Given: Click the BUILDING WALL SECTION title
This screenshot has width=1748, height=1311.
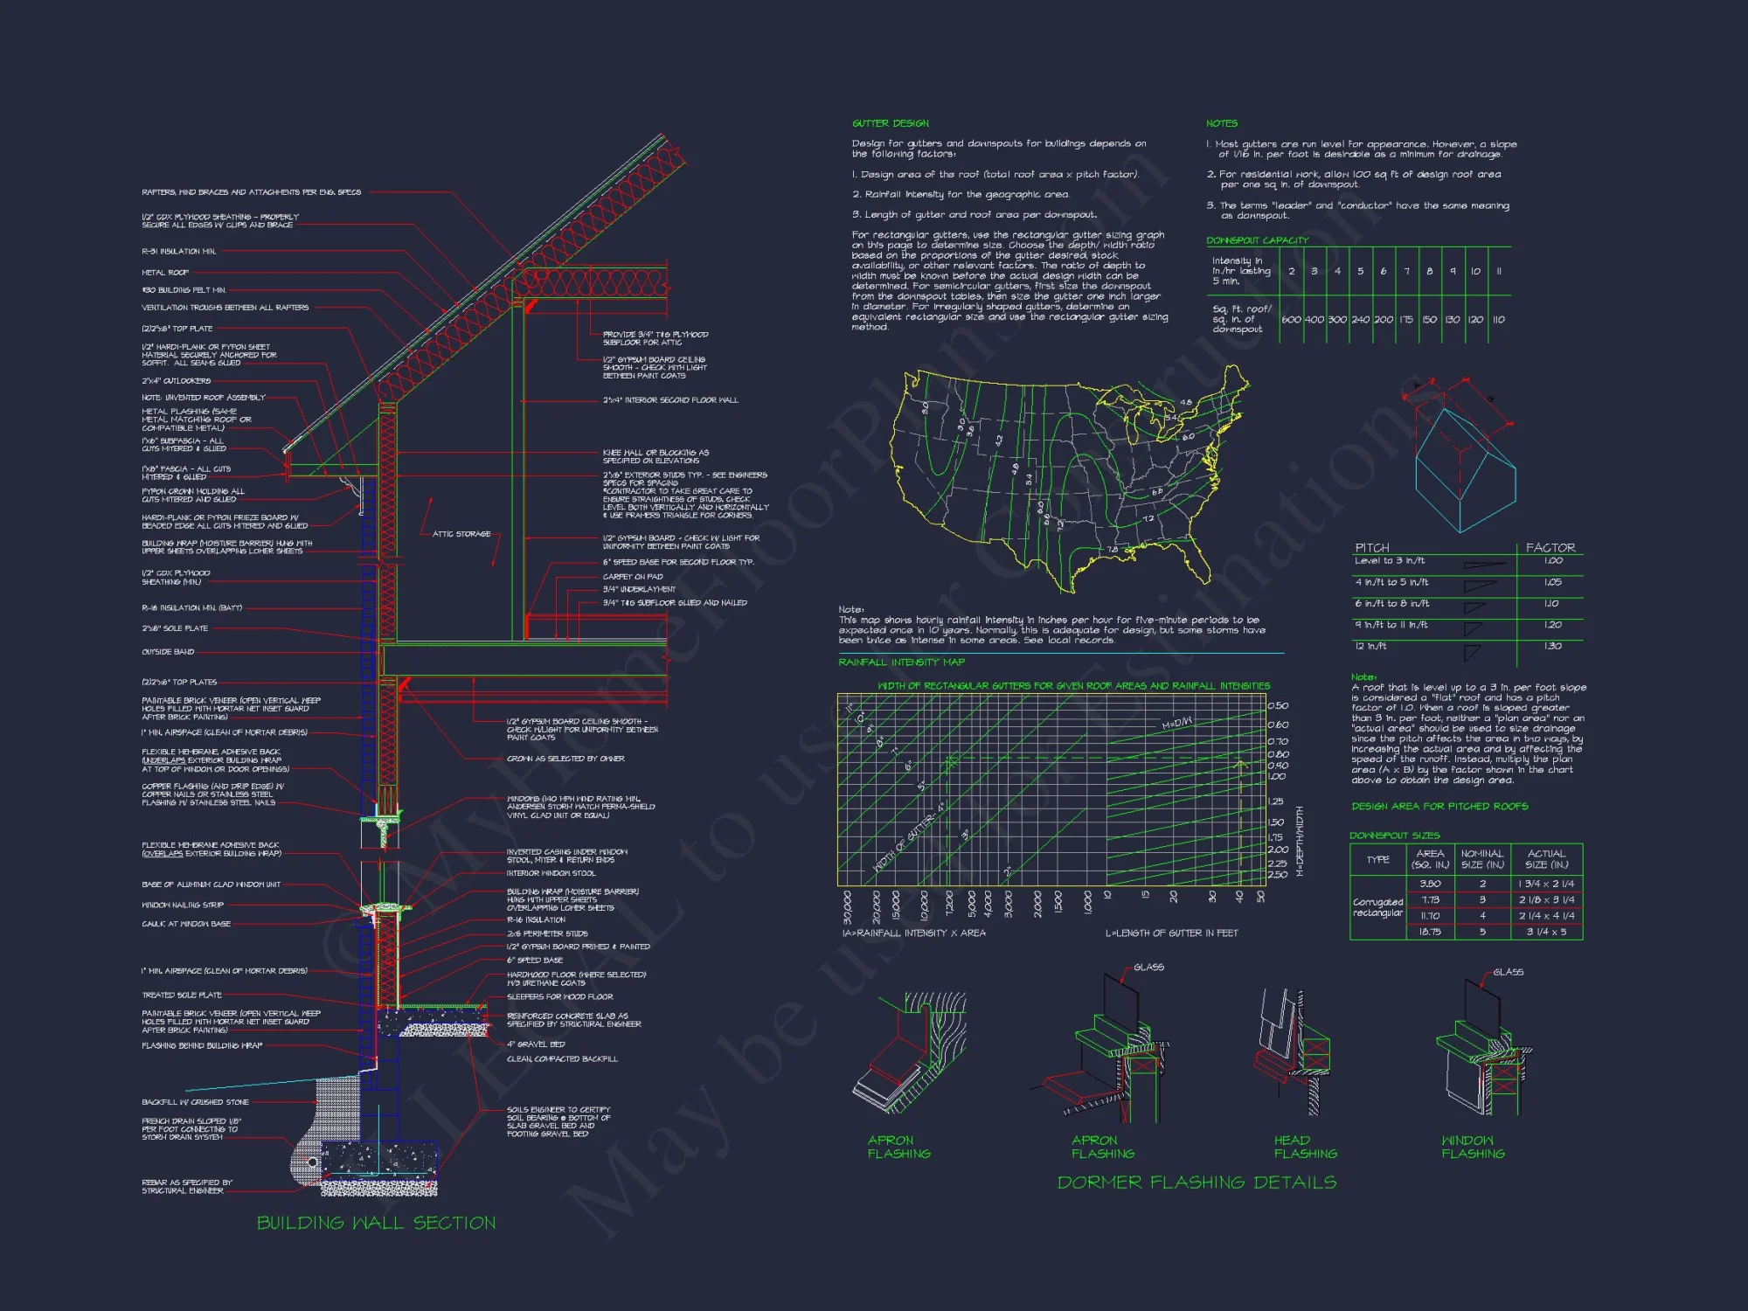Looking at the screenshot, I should (x=376, y=1223).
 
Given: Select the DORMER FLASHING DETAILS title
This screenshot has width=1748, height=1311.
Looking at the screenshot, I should (x=1197, y=1183).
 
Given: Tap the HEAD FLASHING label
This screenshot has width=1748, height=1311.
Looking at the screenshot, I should (x=1305, y=1147).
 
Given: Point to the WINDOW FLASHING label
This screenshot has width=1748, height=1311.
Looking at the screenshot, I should (x=1473, y=1147).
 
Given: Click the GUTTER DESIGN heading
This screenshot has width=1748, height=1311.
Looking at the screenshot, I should (x=891, y=123).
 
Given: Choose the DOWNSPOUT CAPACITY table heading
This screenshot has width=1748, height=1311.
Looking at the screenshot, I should (x=1257, y=240).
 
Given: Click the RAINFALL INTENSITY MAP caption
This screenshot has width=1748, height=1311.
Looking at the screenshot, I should (x=901, y=662).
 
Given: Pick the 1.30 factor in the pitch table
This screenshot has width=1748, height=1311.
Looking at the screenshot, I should (x=1552, y=646).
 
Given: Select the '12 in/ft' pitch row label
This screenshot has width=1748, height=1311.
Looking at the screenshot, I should (x=1370, y=646).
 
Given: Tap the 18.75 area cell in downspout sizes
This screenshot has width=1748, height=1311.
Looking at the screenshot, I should (x=1430, y=932).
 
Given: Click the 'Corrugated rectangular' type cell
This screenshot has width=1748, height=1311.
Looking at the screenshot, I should (x=1377, y=907).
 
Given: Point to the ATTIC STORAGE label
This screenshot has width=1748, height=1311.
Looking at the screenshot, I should (x=461, y=534).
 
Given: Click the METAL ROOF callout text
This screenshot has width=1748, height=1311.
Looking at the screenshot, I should (x=165, y=273).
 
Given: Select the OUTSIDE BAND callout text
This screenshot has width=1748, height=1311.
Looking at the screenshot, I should (x=168, y=652).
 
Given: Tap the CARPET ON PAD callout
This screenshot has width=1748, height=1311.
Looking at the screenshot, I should (x=633, y=577).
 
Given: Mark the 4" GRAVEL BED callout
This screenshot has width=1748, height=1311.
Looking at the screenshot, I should (x=536, y=1044).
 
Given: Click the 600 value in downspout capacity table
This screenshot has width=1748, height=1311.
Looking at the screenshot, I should (x=1291, y=320).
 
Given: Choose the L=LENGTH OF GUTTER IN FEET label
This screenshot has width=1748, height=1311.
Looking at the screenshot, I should (x=1171, y=933).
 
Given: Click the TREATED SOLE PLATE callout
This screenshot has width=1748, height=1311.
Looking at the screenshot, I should (x=182, y=995).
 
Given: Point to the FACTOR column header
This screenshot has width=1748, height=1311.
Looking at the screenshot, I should (x=1550, y=548).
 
